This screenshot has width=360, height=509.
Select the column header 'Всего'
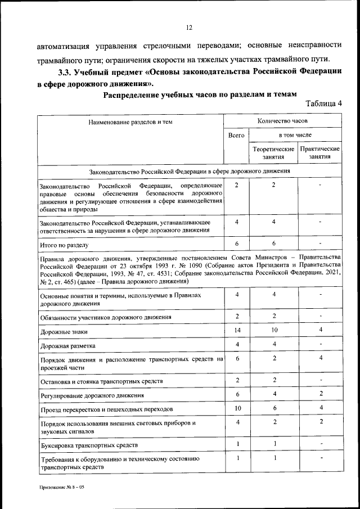236,136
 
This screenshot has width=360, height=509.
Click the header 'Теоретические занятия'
273,153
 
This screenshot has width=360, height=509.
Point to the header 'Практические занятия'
320,153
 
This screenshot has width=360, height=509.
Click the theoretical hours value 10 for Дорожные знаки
273,331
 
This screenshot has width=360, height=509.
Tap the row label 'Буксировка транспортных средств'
89,445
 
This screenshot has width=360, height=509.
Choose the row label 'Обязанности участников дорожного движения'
106,317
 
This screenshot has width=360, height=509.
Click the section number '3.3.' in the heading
67,73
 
